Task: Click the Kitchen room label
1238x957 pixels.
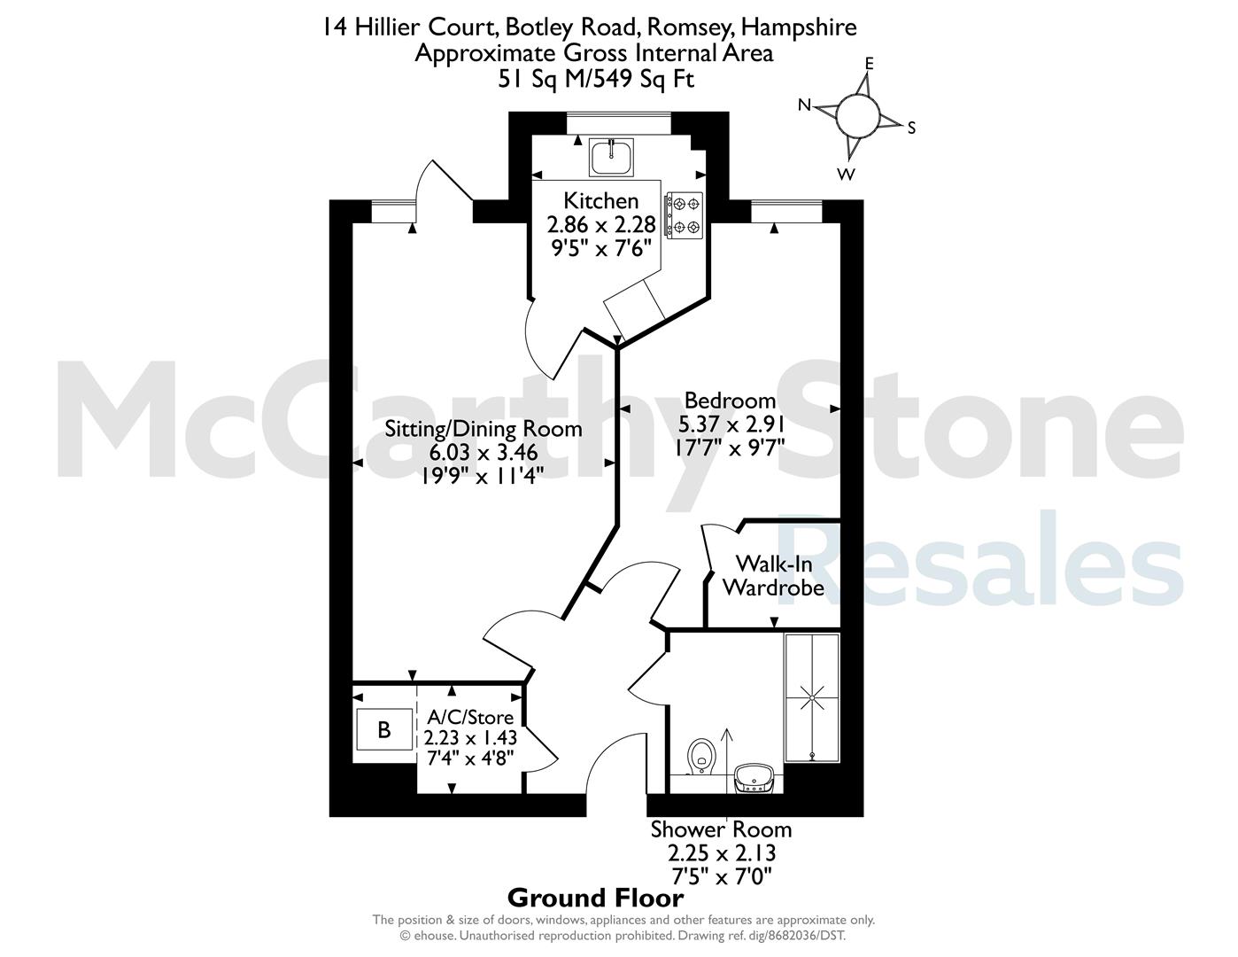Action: (x=601, y=200)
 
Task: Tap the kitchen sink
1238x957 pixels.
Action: (x=611, y=157)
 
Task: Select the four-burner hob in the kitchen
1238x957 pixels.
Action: (x=685, y=215)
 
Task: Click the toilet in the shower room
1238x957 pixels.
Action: (x=701, y=757)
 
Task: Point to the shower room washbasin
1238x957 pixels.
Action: (x=754, y=778)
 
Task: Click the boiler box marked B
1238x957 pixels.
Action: (x=384, y=729)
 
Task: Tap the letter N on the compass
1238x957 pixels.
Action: (x=804, y=105)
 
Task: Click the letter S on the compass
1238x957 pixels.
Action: (x=911, y=128)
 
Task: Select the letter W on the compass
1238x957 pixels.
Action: (x=846, y=175)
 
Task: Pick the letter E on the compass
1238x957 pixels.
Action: (x=870, y=63)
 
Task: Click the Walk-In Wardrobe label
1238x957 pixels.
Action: (x=774, y=576)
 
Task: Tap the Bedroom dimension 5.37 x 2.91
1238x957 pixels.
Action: (x=731, y=424)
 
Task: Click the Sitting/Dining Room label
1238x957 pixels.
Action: (x=484, y=429)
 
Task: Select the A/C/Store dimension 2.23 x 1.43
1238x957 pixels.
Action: (x=470, y=737)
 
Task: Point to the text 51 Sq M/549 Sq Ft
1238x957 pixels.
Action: (x=596, y=79)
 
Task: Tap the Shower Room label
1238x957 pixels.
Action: (x=721, y=830)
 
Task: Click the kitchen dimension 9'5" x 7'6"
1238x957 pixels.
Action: (x=601, y=248)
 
